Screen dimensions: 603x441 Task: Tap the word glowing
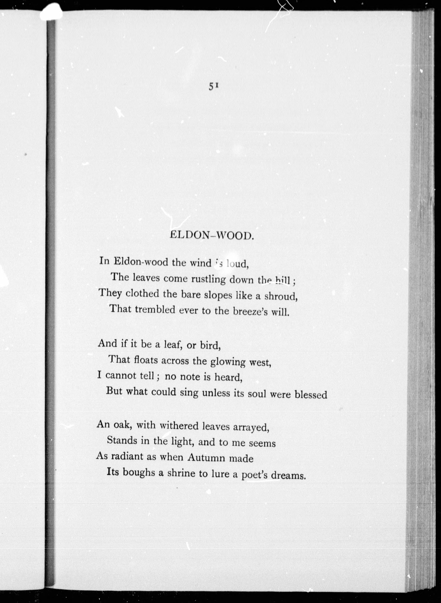228,362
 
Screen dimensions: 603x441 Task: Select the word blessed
311,395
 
